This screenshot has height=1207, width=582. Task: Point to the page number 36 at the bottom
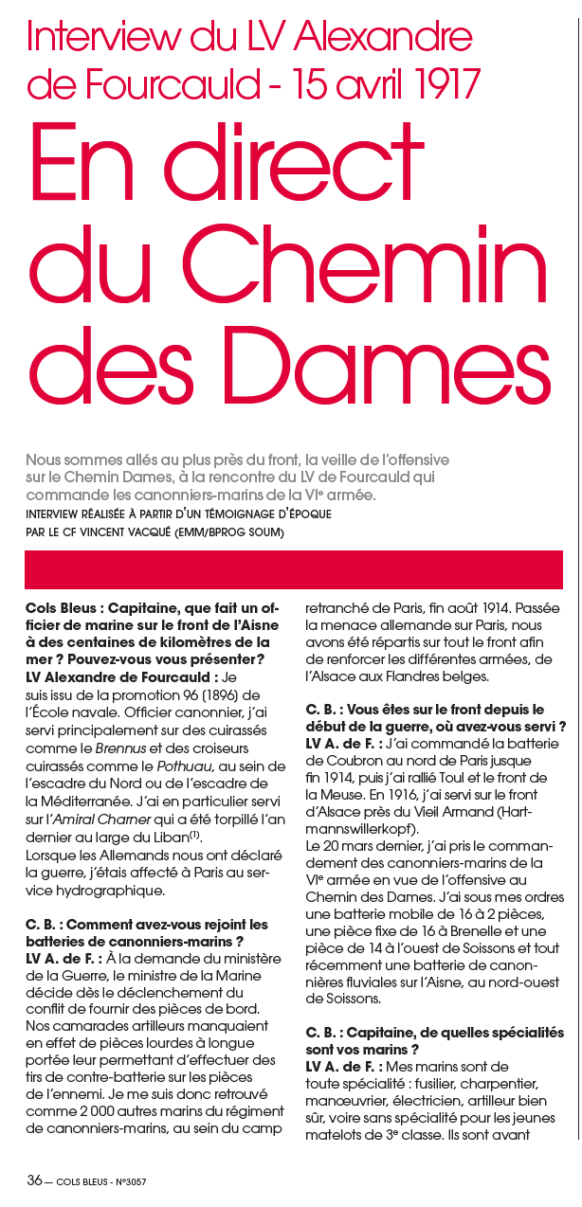34,1180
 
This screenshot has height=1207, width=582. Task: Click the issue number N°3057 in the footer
128,1181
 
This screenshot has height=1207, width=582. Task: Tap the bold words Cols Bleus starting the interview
61,608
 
